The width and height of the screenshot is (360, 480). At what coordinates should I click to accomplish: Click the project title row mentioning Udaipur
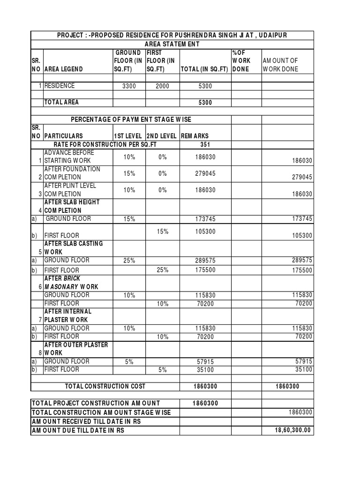click(x=172, y=36)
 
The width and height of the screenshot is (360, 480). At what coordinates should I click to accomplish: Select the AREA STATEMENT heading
click(x=172, y=44)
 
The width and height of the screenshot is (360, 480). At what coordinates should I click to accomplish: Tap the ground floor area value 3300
click(x=129, y=86)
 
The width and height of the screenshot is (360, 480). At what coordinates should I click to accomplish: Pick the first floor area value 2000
click(x=162, y=86)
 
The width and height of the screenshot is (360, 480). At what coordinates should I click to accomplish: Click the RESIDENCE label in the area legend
click(x=60, y=86)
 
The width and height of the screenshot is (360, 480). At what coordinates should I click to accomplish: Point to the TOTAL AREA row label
click(x=61, y=102)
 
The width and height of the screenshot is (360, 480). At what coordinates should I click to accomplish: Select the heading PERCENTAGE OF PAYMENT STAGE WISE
click(x=131, y=120)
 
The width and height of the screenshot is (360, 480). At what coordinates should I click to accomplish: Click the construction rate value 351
click(x=205, y=144)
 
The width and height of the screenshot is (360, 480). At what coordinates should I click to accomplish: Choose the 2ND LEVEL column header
click(x=162, y=136)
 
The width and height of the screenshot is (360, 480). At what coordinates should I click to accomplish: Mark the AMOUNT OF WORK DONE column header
click(x=280, y=65)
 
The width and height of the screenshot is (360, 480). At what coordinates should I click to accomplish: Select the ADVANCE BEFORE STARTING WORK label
click(x=69, y=157)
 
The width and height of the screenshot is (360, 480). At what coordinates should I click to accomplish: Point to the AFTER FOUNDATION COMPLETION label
click(x=72, y=173)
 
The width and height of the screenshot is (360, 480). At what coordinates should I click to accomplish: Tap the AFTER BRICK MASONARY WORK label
click(x=71, y=282)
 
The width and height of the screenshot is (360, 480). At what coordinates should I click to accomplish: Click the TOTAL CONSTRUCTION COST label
click(x=105, y=386)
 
